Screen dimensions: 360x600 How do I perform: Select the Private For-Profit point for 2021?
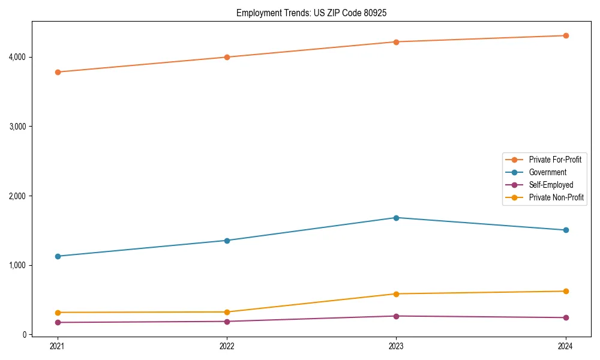click(58, 72)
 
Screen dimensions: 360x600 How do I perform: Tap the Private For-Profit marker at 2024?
click(566, 35)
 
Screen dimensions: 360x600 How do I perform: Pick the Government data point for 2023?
click(396, 218)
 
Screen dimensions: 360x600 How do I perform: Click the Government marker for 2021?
click(58, 256)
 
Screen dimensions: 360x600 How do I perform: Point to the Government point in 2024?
click(566, 230)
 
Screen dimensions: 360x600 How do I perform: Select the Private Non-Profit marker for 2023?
click(396, 294)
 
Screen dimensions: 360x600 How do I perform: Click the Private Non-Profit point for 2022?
click(227, 312)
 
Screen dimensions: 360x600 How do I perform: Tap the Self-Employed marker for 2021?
click(58, 322)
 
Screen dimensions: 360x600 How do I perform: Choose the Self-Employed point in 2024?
click(566, 317)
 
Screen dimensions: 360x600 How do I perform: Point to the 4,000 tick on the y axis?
click(17, 57)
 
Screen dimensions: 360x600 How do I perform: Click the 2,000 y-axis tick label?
click(17, 196)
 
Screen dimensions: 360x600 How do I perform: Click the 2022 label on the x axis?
click(227, 346)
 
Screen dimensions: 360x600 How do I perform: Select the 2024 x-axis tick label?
click(566, 346)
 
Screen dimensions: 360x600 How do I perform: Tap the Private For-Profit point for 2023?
click(396, 42)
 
